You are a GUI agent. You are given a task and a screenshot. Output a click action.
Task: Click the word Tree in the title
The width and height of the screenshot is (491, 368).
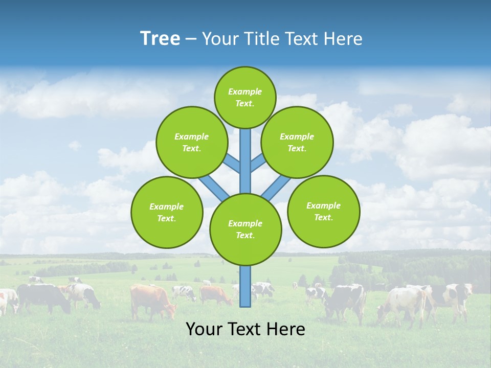point(160,38)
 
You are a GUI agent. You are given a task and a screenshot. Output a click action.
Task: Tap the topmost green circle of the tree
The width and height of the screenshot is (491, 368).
point(245,97)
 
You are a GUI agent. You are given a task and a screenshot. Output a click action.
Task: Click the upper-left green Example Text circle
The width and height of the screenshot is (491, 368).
point(191,142)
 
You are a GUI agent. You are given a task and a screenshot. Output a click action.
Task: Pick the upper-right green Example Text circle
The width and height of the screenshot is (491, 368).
point(297,142)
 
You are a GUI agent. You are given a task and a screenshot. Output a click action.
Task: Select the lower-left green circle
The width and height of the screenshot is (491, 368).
point(166,212)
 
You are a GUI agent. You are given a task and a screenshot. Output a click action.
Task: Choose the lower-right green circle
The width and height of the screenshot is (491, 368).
point(323,211)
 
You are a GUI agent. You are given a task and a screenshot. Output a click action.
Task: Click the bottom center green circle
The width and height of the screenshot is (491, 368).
point(245,229)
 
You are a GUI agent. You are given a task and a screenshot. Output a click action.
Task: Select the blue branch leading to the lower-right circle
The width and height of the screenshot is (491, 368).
point(275,188)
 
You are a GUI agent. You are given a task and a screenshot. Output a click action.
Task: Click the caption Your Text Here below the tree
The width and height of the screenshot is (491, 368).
point(245,329)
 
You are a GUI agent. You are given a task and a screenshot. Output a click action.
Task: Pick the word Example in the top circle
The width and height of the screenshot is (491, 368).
point(245,91)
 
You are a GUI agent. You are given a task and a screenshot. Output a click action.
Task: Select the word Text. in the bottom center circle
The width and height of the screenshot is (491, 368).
point(245,235)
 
